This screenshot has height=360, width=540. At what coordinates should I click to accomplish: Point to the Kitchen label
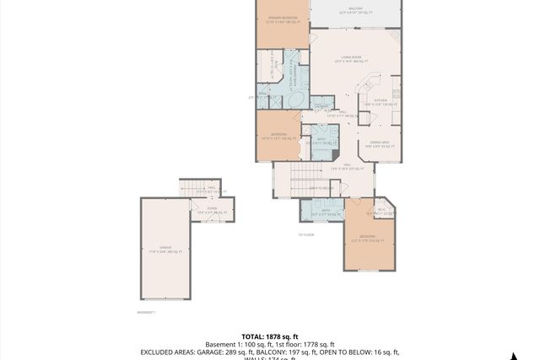tap(380, 101)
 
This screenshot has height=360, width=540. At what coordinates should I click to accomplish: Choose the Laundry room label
tap(321, 105)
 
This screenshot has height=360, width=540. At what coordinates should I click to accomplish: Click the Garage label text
tap(166, 249)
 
